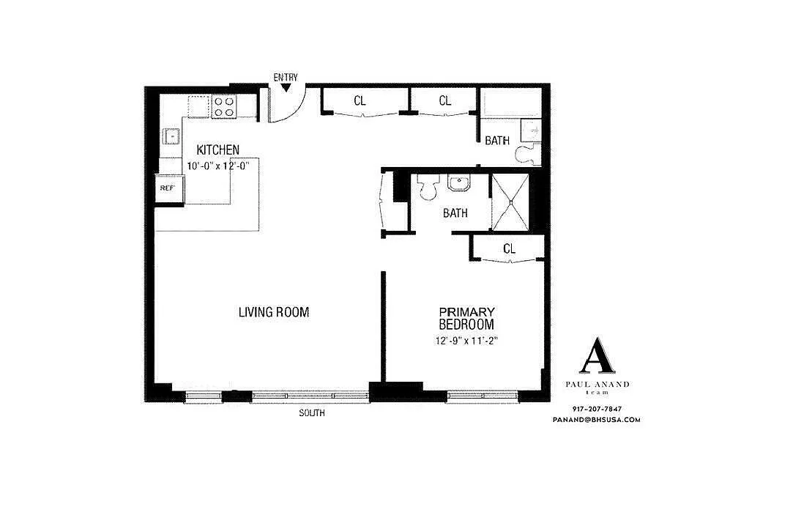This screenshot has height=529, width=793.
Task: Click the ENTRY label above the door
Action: click(x=286, y=78)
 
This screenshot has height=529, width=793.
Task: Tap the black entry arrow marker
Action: click(x=286, y=88)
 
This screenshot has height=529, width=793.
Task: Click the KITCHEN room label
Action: click(x=218, y=150)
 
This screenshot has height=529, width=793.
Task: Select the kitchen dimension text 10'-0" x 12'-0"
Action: click(x=218, y=166)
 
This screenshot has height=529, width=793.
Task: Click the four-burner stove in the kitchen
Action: click(x=224, y=107)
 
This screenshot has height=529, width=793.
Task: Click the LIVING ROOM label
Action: click(x=274, y=312)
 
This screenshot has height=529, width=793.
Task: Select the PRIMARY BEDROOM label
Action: click(x=466, y=318)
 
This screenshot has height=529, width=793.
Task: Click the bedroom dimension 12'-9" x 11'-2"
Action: click(x=466, y=341)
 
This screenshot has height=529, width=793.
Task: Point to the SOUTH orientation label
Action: click(x=311, y=413)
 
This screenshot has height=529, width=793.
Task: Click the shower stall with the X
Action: click(x=511, y=202)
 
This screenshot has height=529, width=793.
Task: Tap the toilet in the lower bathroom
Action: click(x=428, y=188)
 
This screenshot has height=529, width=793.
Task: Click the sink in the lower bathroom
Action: click(x=459, y=182)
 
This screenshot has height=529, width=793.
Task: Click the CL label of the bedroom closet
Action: click(x=510, y=248)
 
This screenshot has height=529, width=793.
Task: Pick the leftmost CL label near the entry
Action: click(x=360, y=100)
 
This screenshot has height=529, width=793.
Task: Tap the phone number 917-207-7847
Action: click(x=597, y=409)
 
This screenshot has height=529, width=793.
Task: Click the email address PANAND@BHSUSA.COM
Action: click(x=597, y=420)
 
